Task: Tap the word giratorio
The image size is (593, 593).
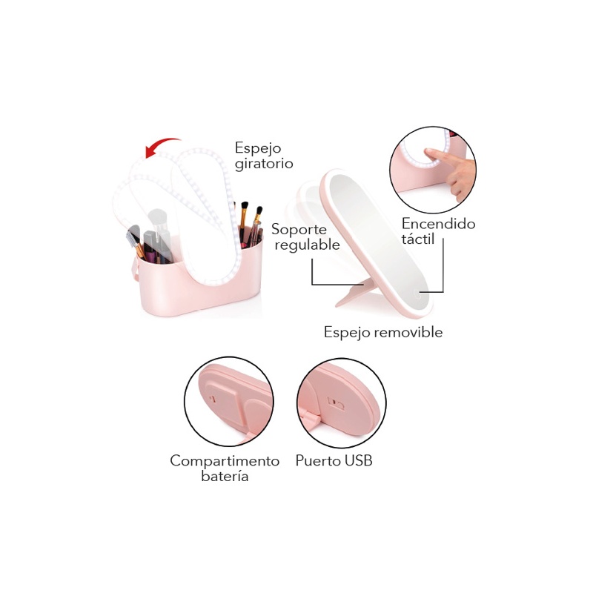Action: click(264, 163)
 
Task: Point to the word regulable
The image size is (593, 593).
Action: click(307, 245)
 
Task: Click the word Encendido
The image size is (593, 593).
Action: click(438, 223)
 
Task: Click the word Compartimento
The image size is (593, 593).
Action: click(225, 460)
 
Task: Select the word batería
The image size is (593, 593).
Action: click(225, 477)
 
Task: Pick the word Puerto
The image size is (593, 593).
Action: click(317, 460)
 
